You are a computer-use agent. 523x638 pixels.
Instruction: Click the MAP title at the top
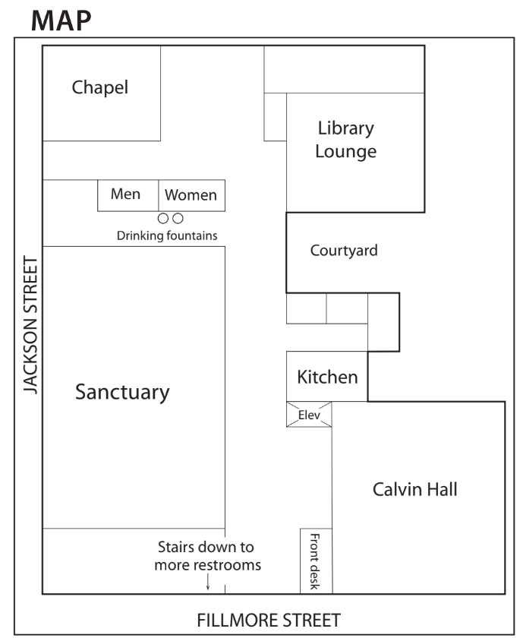[61, 21]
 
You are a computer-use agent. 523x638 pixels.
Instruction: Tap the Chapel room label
[100, 87]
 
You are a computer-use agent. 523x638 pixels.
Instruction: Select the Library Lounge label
[345, 140]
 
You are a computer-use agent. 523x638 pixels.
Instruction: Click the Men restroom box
[128, 195]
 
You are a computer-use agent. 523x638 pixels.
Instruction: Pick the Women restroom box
[191, 195]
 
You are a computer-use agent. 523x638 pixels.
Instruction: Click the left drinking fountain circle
[162, 219]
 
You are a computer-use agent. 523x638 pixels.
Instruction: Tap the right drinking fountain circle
[178, 219]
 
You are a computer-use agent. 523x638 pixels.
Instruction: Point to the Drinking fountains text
[167, 235]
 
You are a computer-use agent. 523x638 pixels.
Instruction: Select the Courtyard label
[344, 251]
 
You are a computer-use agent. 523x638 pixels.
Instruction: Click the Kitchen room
[327, 377]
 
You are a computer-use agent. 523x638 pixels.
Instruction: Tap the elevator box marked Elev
[309, 415]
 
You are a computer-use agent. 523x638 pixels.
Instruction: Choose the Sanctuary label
[122, 393]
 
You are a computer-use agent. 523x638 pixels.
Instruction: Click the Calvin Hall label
[414, 489]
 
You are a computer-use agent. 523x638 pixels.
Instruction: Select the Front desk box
[316, 561]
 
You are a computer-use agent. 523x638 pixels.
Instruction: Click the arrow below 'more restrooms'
[208, 582]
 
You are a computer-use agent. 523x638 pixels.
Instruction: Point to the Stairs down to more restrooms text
[207, 556]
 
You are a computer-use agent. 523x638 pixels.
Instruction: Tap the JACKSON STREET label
[31, 325]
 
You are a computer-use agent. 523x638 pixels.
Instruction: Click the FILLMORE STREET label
[269, 620]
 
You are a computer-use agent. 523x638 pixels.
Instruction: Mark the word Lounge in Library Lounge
[345, 152]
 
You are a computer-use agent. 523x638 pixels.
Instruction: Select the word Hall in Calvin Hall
[441, 489]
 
